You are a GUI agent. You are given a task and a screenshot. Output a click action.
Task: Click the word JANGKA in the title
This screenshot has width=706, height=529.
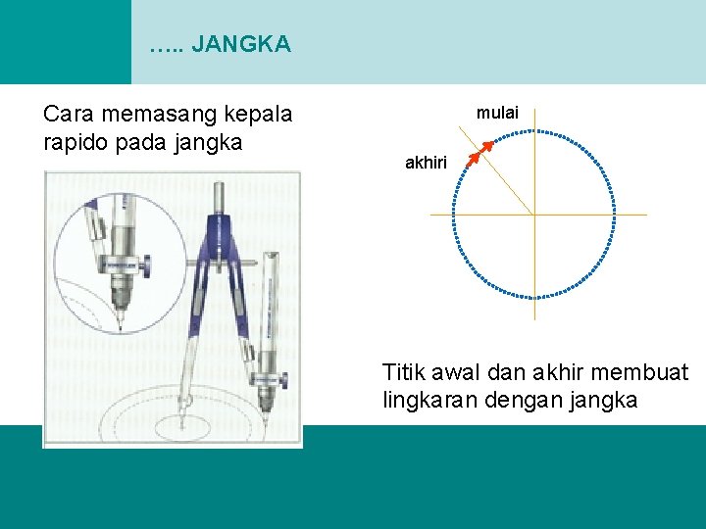(241, 44)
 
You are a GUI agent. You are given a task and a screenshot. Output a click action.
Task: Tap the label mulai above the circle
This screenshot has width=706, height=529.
(497, 113)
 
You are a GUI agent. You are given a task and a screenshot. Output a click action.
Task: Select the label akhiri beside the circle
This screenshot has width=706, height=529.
(426, 164)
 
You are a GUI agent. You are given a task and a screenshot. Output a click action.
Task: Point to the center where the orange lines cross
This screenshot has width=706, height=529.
(534, 214)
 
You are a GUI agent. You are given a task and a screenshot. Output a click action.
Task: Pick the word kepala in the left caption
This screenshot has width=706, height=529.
(259, 115)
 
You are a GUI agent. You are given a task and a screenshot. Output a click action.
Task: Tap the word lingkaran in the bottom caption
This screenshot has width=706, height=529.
(430, 400)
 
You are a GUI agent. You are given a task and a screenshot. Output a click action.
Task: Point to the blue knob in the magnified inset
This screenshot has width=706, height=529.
(144, 264)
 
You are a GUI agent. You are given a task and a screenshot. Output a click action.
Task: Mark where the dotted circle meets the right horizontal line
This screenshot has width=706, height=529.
(615, 214)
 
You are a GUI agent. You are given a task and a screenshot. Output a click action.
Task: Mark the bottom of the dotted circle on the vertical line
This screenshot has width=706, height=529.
(534, 295)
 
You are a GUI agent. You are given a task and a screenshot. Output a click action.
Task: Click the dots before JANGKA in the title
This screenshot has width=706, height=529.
(167, 45)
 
